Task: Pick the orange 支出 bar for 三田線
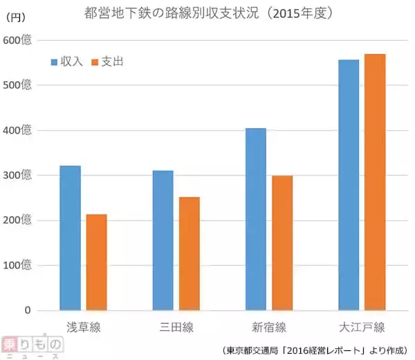[x=189, y=253]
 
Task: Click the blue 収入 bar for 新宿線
[x=255, y=219]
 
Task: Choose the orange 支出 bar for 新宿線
[x=282, y=242]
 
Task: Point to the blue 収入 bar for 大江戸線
[x=349, y=185]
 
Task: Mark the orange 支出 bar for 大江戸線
[x=375, y=181]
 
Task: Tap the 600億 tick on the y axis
[x=17, y=40]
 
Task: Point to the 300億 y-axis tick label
[x=17, y=175]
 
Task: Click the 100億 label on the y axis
[x=17, y=265]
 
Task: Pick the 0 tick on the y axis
[x=28, y=310]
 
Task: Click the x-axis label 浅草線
[x=84, y=327]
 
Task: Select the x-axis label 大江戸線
[x=361, y=327]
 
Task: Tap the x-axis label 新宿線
[x=268, y=327]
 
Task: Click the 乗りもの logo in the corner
[x=33, y=347]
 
